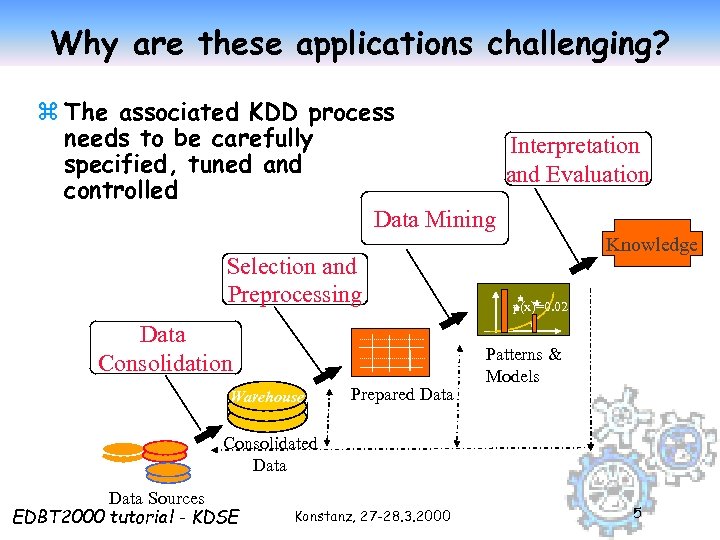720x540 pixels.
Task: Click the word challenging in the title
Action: pyautogui.click(x=578, y=43)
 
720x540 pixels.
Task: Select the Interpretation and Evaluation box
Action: pyautogui.click(x=578, y=160)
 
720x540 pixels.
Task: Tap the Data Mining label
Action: pyautogui.click(x=434, y=219)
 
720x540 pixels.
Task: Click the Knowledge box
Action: pyautogui.click(x=651, y=244)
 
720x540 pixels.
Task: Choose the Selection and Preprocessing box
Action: pyautogui.click(x=293, y=280)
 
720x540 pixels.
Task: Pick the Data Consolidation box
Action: pyautogui.click(x=165, y=348)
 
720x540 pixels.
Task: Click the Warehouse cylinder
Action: pyautogui.click(x=267, y=396)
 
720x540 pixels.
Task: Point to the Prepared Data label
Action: pyautogui.click(x=401, y=394)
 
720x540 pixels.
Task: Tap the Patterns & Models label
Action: pyautogui.click(x=523, y=365)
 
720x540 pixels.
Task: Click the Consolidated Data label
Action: pyautogui.click(x=270, y=454)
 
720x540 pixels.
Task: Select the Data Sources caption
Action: pyautogui.click(x=156, y=497)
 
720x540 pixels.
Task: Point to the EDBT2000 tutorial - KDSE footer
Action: pyautogui.click(x=125, y=516)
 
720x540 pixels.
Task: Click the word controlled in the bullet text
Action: pyautogui.click(x=120, y=190)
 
